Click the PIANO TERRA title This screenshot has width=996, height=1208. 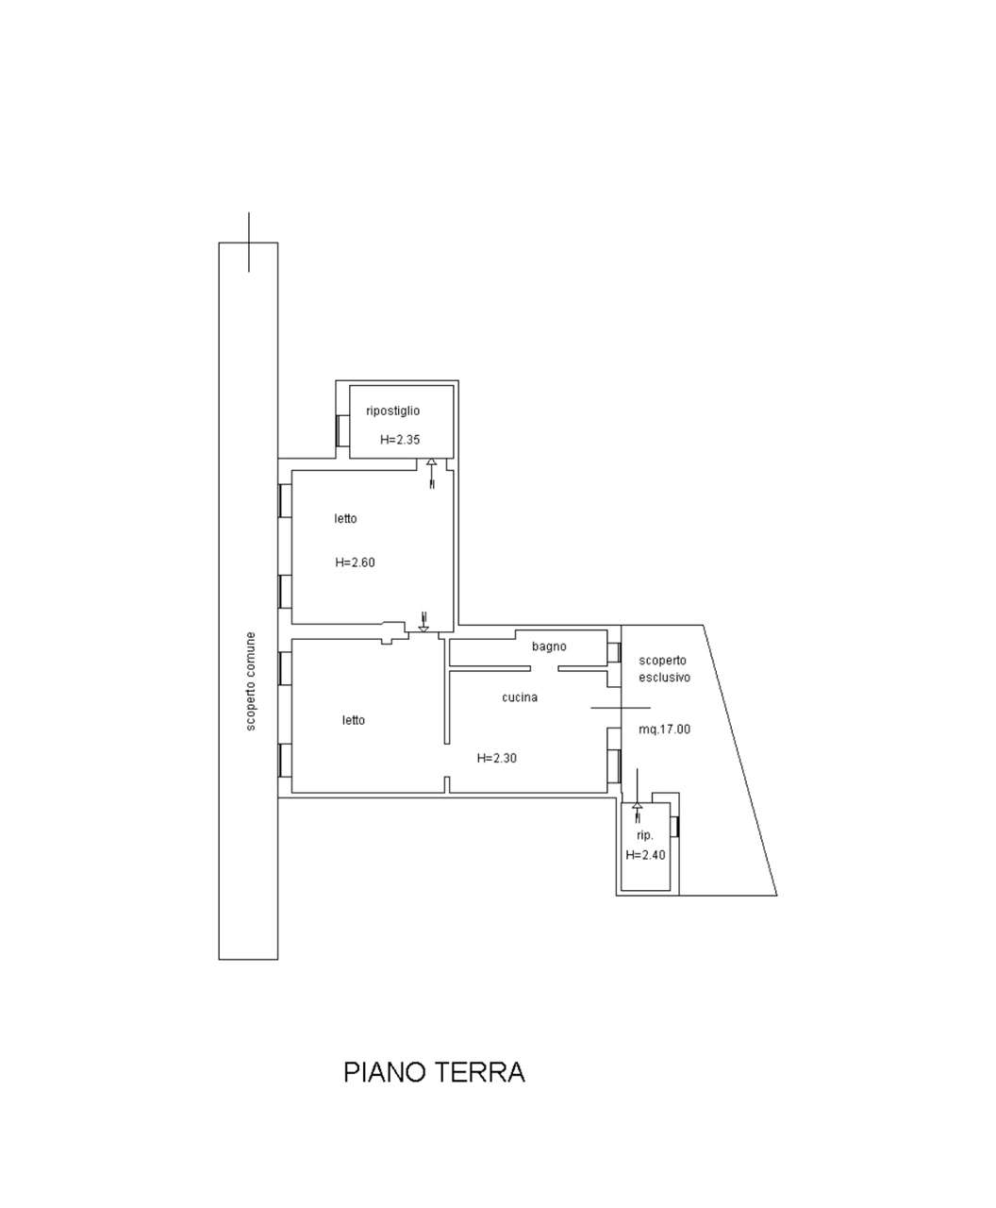[434, 1072]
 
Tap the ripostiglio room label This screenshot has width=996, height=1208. [392, 411]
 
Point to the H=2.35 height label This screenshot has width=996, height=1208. [400, 440]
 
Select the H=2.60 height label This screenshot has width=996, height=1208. [356, 562]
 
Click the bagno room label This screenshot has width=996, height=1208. [549, 647]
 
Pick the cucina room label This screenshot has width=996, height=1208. [520, 697]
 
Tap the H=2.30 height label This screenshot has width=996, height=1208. [496, 758]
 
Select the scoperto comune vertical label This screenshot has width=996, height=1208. [251, 681]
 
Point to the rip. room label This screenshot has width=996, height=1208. [644, 835]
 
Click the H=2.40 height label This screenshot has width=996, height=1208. [645, 855]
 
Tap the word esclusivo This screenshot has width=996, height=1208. [664, 678]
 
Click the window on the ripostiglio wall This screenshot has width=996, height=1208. [342, 430]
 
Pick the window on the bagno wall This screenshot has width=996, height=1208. [614, 652]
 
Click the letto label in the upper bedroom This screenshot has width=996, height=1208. [345, 519]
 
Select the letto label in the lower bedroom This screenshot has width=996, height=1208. [354, 720]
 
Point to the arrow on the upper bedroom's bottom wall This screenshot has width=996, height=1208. [423, 622]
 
